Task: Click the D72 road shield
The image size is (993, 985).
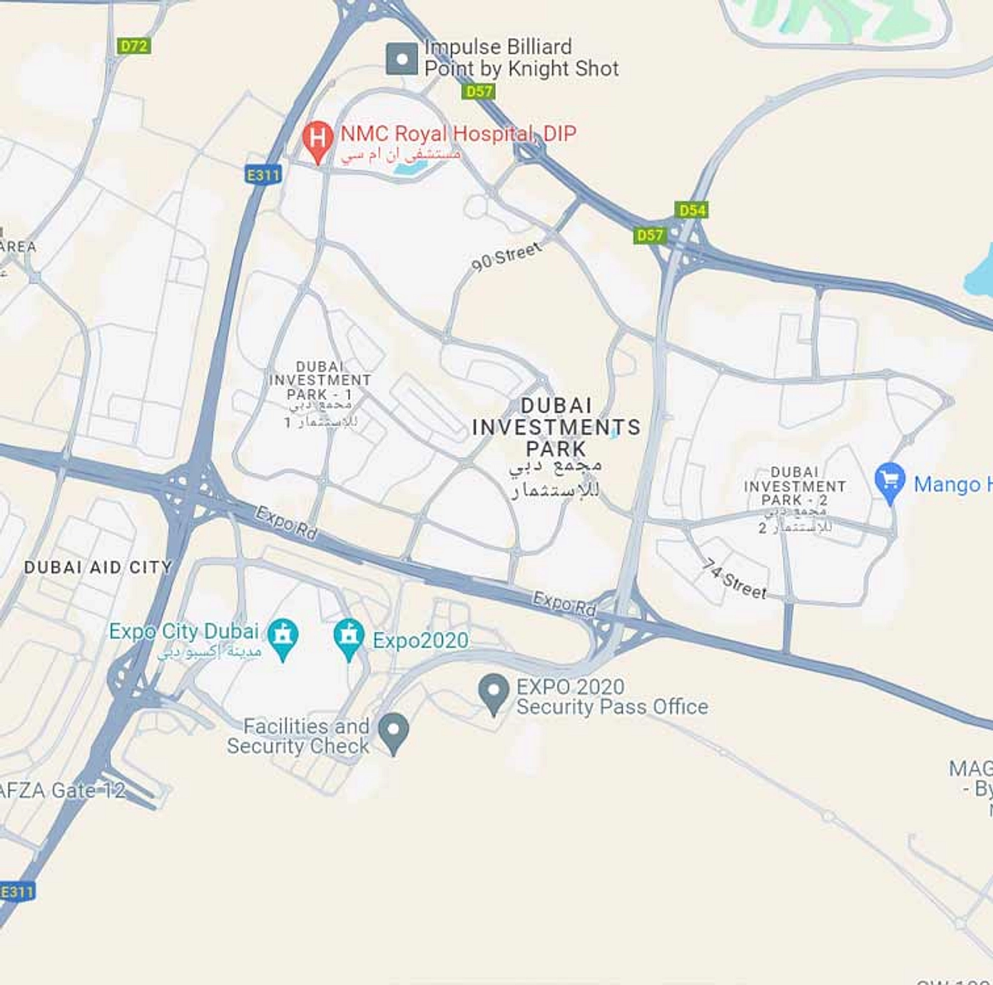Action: click(133, 46)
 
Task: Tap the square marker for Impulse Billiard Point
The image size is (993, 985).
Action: click(402, 59)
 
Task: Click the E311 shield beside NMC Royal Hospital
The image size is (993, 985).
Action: click(263, 175)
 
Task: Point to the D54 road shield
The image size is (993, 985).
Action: click(692, 210)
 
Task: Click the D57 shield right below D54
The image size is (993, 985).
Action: click(649, 235)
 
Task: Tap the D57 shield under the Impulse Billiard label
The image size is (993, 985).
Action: click(478, 91)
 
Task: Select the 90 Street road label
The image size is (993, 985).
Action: click(506, 257)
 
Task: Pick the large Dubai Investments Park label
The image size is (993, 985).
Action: click(556, 427)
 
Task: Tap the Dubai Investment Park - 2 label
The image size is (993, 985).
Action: click(795, 486)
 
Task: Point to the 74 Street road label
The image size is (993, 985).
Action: click(734, 578)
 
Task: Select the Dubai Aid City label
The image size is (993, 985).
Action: click(98, 567)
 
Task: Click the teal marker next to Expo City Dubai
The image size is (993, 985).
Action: click(283, 636)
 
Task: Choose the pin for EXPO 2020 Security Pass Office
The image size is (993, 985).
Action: click(493, 692)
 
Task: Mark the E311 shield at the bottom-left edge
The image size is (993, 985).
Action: click(16, 892)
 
